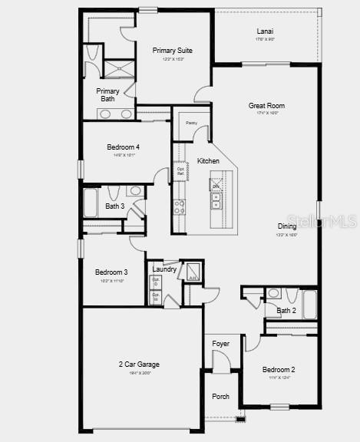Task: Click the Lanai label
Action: pos(266,31)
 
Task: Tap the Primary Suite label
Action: pos(172,51)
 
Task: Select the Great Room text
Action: pos(266,106)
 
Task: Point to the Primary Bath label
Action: pos(108,94)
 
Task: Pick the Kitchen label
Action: pos(208,161)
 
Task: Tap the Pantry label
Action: pos(191,123)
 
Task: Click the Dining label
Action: pos(287,226)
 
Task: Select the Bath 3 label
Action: pos(115,206)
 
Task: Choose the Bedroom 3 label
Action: pos(111,272)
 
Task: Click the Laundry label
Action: pos(164,269)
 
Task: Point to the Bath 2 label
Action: pos(286,311)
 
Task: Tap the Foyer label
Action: pos(221,343)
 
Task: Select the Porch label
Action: pos(220,397)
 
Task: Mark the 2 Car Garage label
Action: pos(139,364)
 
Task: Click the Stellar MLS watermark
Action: pos(315,222)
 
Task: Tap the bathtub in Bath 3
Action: pos(91,203)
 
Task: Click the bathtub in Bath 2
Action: pos(309,304)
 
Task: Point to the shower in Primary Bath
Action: pos(119,69)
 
